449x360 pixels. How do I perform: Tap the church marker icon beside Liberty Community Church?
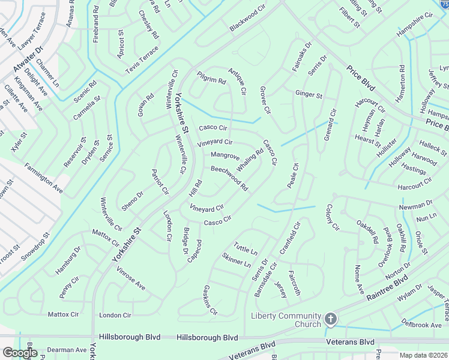[331, 318]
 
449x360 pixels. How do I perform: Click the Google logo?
[20, 353]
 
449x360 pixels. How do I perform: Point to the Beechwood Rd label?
[229, 178]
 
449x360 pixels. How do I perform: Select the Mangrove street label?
[225, 156]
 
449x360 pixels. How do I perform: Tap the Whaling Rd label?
[250, 160]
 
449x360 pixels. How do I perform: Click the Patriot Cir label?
[161, 182]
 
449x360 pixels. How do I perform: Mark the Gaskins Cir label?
[210, 300]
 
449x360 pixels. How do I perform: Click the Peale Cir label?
[292, 175]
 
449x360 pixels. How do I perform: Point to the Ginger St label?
[309, 95]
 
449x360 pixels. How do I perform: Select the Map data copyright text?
[424, 355]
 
